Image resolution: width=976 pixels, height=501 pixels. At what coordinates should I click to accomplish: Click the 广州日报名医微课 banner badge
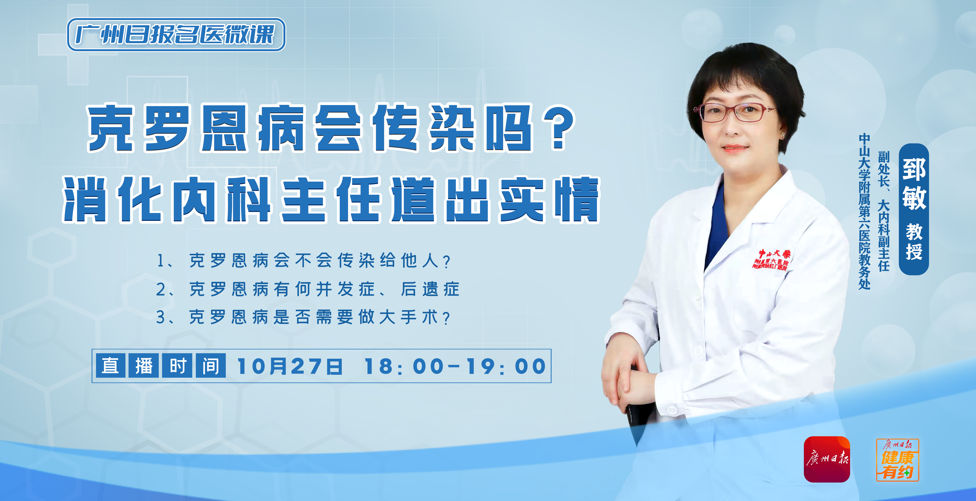pyautogui.click(x=176, y=35)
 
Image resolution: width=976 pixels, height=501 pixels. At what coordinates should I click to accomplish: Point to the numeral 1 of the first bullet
pyautogui.click(x=161, y=261)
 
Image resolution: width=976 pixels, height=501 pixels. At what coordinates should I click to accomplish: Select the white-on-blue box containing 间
pyautogui.click(x=211, y=366)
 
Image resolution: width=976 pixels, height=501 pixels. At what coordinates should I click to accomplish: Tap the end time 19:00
pyautogui.click(x=506, y=367)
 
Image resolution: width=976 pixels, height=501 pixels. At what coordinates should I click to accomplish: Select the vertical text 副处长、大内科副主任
pyautogui.click(x=884, y=211)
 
